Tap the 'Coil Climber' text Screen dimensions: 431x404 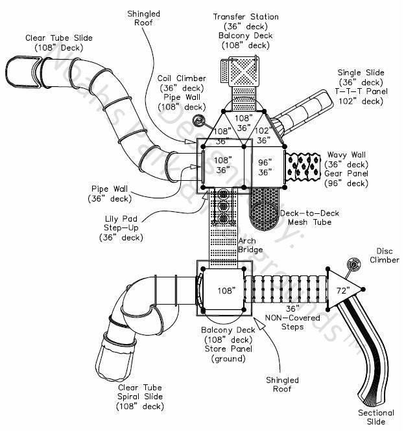coord(173,78)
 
